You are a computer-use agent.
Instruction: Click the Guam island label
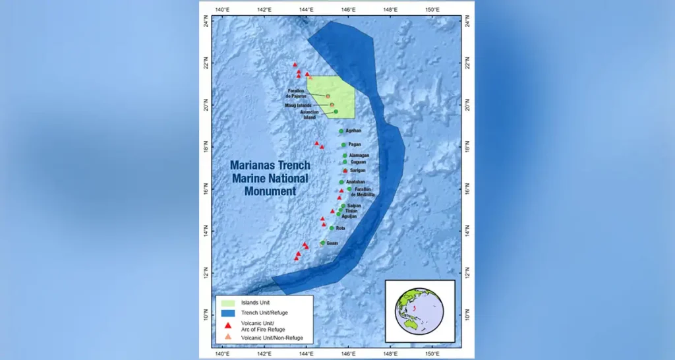[332, 243]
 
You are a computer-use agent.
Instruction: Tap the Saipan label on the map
[354, 206]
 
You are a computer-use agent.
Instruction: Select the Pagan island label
[355, 144]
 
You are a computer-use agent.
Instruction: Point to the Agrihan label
[354, 131]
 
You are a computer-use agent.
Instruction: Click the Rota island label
[340, 228]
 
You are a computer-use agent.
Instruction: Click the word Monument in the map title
[263, 191]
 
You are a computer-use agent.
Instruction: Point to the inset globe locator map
[420, 311]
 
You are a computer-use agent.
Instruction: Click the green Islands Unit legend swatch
[227, 303]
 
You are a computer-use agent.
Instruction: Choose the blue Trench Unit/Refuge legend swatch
[227, 313]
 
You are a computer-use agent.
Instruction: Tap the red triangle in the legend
[227, 325]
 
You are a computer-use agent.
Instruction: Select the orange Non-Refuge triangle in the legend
[227, 338]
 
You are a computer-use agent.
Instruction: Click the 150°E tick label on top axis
[432, 9]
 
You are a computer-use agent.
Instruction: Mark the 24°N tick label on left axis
[205, 23]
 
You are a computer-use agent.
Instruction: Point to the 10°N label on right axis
[468, 316]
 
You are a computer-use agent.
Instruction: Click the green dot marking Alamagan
[345, 156]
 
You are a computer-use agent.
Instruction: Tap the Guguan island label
[358, 162]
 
